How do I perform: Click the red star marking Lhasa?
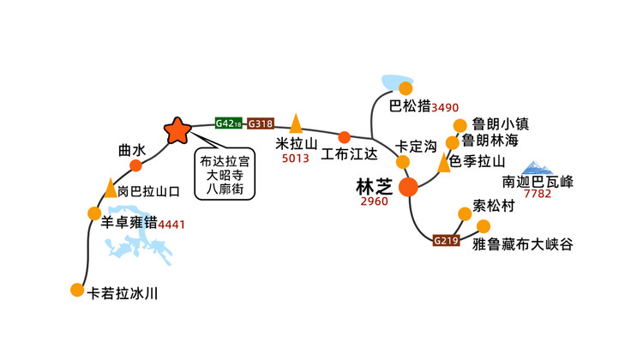(x=177, y=130)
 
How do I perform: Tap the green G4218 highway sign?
(x=228, y=123)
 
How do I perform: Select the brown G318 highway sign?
(x=261, y=123)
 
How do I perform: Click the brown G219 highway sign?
(x=446, y=240)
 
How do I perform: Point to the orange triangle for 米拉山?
(x=296, y=123)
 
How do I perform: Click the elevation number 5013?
(x=295, y=159)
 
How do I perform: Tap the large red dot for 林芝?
(x=408, y=187)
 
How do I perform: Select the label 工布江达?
(x=349, y=153)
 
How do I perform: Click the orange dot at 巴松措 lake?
(x=406, y=88)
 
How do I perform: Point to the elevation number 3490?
(x=445, y=108)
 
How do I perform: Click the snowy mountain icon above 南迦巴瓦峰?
(x=537, y=168)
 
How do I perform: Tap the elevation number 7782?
(x=538, y=194)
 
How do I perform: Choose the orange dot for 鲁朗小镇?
(x=460, y=125)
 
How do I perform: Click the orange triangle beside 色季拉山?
(x=444, y=162)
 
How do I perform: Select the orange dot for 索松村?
(x=465, y=213)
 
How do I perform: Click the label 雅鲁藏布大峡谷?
(x=523, y=244)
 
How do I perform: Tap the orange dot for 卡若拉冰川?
(x=77, y=290)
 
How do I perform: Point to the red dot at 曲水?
(x=135, y=165)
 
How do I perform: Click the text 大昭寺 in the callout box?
(x=225, y=175)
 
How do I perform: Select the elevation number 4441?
(x=171, y=225)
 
